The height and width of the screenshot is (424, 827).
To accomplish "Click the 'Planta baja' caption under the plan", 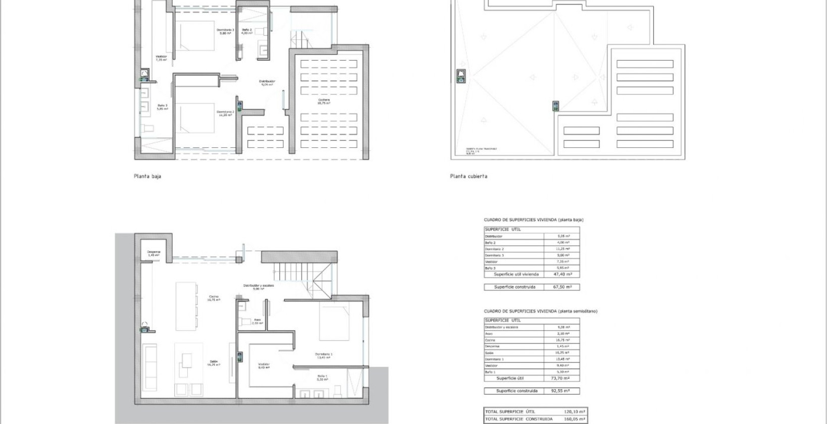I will [x=147, y=177].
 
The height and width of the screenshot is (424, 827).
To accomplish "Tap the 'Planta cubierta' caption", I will [x=469, y=177].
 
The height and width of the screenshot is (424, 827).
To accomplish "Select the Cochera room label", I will [x=324, y=101].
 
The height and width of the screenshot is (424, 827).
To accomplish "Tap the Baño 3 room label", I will [x=162, y=107].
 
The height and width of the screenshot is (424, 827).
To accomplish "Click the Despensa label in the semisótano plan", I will [x=153, y=253].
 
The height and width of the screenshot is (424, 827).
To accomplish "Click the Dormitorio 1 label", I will [x=324, y=355].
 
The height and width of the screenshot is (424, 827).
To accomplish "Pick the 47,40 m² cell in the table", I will [x=561, y=275].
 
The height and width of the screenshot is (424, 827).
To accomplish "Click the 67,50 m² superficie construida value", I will [x=561, y=287].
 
